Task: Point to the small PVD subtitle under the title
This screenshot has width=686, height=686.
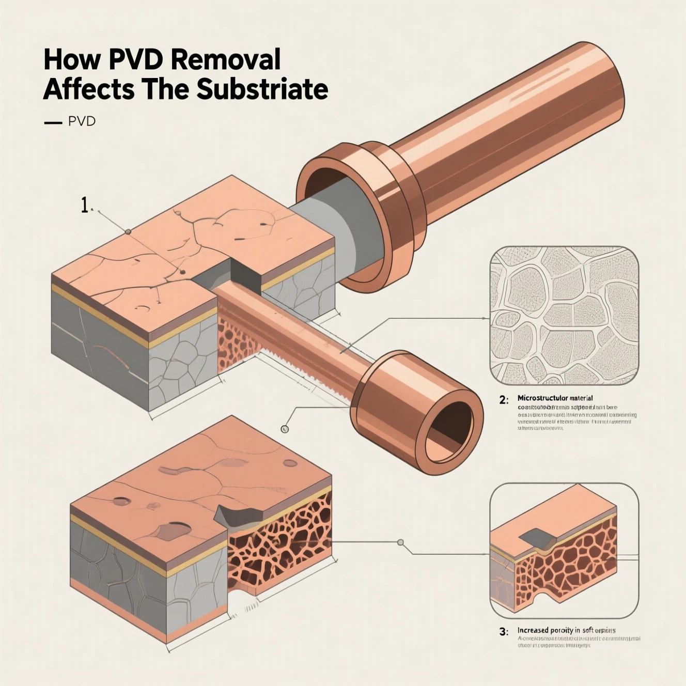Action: coord(82,122)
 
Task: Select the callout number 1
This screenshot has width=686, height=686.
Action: coord(85,206)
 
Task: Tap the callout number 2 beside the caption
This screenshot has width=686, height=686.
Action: coord(504,399)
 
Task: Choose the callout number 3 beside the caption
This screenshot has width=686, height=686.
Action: coord(504,631)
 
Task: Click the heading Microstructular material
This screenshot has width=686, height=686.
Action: coord(555,398)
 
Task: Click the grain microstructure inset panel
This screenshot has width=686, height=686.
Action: coord(564,316)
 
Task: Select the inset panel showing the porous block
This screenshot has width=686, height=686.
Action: coord(564,550)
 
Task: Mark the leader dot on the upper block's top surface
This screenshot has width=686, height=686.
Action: coord(127,232)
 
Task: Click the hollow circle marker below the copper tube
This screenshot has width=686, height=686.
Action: coord(284,429)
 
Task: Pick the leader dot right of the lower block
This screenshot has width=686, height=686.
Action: coord(400,542)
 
